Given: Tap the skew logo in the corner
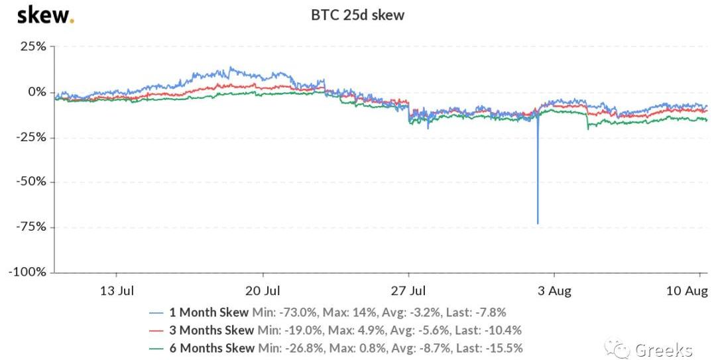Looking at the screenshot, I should (x=45, y=14).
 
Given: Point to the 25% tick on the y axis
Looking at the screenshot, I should (x=33, y=46).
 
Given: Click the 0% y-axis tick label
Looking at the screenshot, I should (x=37, y=91).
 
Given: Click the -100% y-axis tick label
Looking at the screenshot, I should (x=28, y=272).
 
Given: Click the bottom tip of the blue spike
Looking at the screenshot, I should (x=538, y=223).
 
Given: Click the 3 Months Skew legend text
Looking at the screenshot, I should (x=211, y=330).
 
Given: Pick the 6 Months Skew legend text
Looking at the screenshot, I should (x=211, y=348).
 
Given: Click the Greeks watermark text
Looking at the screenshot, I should (x=664, y=350).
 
